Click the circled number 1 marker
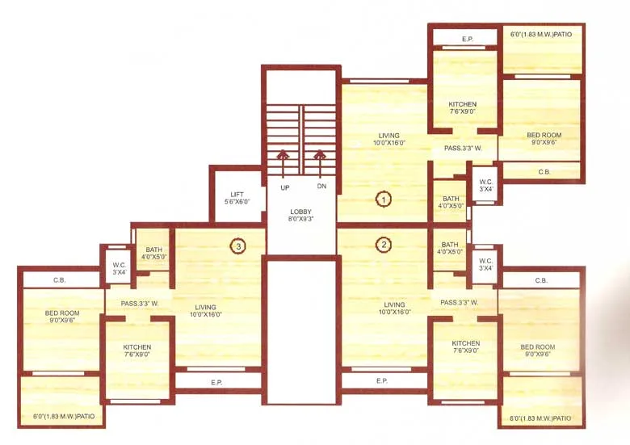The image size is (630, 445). [384, 198]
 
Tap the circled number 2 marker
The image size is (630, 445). [384, 245]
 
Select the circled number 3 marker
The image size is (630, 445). [237, 246]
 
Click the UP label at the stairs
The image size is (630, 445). [284, 187]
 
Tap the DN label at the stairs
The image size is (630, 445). [321, 187]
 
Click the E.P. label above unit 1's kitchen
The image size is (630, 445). [467, 39]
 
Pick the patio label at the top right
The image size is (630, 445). [543, 35]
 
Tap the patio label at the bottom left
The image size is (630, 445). [64, 417]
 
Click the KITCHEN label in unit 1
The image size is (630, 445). [463, 108]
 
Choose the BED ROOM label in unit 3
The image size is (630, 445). [62, 317]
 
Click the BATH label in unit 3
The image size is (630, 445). [153, 254]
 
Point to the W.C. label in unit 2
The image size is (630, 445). [485, 264]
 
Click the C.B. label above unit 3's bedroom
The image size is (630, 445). [59, 280]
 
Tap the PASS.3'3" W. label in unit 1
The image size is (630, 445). [463, 149]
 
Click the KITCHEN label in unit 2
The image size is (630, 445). [466, 347]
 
